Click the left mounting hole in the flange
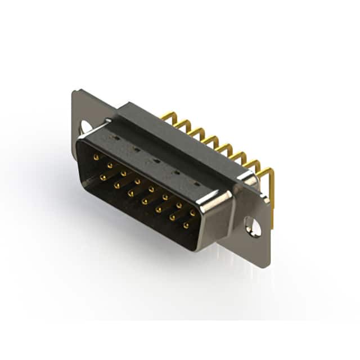(x=86, y=127)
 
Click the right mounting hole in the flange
(x=254, y=227)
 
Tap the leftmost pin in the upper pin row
(x=96, y=158)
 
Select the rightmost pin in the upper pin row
(x=192, y=213)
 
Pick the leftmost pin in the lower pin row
(x=103, y=177)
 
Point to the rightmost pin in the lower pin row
(x=186, y=225)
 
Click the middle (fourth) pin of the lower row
(x=145, y=201)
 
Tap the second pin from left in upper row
(x=110, y=166)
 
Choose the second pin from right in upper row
(x=179, y=205)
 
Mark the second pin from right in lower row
(x=173, y=217)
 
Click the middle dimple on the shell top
(x=156, y=160)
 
